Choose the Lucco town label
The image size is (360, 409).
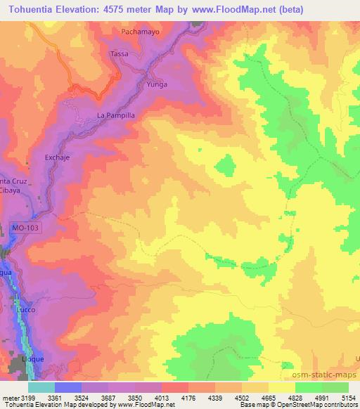tap(26, 309)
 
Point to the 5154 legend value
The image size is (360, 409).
tap(349, 397)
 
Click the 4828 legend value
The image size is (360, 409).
tap(295, 397)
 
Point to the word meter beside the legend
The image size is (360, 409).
tap(8, 397)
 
